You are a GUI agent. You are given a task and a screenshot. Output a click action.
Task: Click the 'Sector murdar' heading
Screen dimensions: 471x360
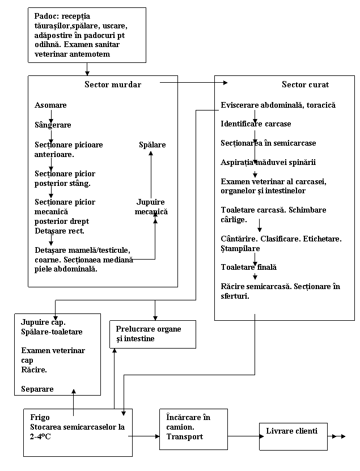(112, 84)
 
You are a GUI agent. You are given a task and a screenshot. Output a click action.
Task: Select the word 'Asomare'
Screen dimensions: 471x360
(50, 105)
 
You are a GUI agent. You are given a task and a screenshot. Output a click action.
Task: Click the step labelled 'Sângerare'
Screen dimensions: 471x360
(53, 125)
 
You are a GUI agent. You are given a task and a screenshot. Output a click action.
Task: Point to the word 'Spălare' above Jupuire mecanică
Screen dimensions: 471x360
(153, 145)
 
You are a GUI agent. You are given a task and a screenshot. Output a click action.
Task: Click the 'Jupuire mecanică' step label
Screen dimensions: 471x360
(151, 207)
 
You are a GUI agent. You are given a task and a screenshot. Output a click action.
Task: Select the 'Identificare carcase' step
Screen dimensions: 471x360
(256, 124)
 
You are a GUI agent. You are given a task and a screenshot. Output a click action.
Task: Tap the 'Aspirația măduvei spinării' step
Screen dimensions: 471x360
(268, 163)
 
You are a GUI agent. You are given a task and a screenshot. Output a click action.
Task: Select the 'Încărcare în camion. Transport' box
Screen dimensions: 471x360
(193, 428)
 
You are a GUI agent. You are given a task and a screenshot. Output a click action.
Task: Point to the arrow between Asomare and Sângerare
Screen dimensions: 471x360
(51, 116)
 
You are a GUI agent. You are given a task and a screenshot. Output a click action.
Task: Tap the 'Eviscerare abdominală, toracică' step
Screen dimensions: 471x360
(278, 105)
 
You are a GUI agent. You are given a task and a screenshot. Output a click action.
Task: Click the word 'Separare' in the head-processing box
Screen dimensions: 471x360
(37, 389)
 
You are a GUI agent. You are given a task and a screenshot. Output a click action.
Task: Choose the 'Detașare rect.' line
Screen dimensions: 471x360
(60, 231)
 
